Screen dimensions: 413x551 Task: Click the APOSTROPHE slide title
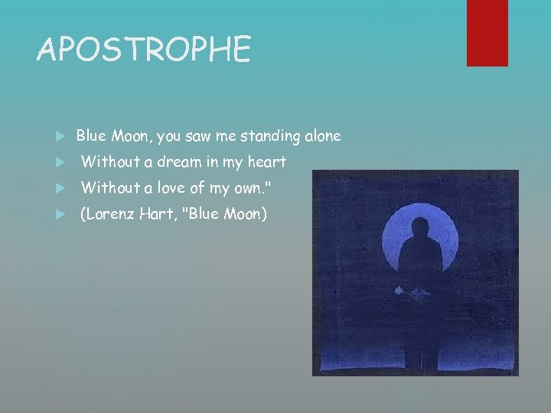[144, 50]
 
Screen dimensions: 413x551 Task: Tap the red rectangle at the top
[487, 32]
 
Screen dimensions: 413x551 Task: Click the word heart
[266, 162]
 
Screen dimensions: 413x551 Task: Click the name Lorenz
[110, 214]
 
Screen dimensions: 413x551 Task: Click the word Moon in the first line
[130, 136]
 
